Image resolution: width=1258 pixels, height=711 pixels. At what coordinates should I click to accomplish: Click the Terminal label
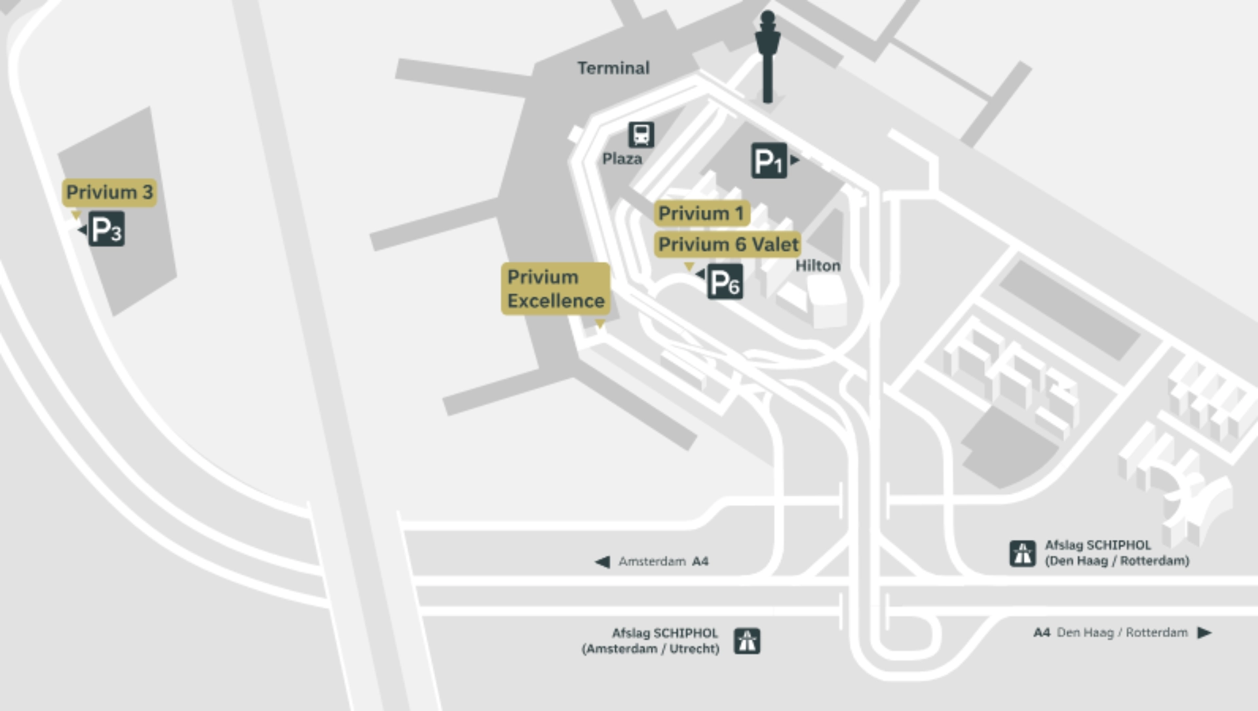point(613,68)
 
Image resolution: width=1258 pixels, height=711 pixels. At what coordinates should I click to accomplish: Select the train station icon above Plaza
point(641,135)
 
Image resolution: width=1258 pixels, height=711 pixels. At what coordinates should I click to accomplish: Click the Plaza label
point(622,159)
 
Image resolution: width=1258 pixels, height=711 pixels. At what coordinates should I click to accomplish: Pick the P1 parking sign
point(769,161)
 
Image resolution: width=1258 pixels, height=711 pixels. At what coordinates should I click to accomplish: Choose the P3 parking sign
point(106,229)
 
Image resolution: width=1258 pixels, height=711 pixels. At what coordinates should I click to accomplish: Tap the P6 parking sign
point(725,282)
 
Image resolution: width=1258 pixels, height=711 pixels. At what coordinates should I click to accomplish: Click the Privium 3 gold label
point(109,193)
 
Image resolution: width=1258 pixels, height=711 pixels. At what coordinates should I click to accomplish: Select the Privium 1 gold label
point(701,214)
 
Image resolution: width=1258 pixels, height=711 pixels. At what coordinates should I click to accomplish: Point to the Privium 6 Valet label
point(728,244)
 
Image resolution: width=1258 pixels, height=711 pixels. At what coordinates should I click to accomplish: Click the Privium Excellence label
point(556,289)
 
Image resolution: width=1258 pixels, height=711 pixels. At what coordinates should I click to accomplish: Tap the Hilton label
point(818,266)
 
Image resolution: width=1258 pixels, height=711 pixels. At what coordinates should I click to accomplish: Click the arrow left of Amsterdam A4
point(602,562)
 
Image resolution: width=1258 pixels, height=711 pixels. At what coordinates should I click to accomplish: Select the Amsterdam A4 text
point(663,562)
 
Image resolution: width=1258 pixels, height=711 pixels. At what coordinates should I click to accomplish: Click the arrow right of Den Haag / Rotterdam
point(1204,632)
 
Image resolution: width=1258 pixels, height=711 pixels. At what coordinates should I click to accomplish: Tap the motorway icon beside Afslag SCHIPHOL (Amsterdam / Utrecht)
point(747,641)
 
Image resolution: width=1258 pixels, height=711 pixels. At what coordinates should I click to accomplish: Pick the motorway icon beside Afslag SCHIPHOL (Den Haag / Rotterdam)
point(1022,553)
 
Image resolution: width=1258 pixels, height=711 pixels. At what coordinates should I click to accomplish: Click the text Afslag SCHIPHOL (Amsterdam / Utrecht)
point(651,641)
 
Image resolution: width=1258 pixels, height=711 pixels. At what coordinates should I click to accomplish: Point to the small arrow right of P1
point(795,159)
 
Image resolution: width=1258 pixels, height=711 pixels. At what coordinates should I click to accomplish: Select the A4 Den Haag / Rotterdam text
point(1110,632)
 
